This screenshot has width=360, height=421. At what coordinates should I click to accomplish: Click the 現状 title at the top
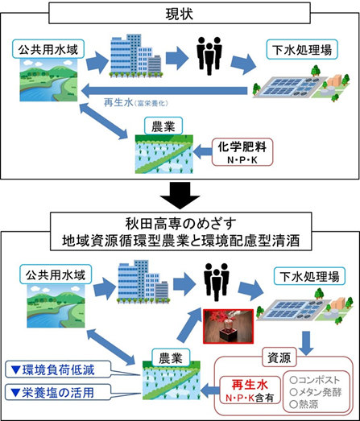coord(179,14)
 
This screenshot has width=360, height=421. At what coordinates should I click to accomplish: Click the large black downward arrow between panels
coord(179,193)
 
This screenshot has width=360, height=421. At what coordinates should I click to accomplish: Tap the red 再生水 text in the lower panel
coord(246,383)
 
